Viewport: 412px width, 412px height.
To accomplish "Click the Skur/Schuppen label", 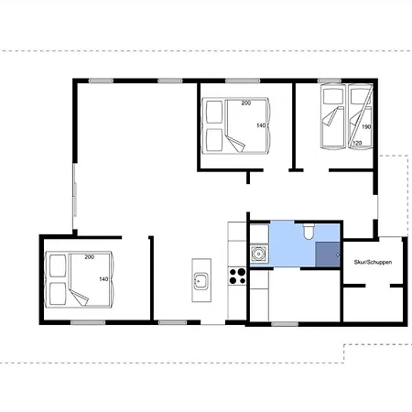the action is [x=373, y=262].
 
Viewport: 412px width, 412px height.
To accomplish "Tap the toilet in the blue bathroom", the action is [x=309, y=231].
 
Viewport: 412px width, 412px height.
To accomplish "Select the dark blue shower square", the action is [x=328, y=255].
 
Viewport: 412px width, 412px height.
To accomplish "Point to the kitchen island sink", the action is [x=201, y=281].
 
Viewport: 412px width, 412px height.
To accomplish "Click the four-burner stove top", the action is [x=237, y=276].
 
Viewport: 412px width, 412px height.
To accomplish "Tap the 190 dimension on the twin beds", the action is [x=366, y=126].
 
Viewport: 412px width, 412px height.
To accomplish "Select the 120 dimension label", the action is [x=357, y=143].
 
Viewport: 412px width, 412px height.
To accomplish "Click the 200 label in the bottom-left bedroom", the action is [x=89, y=257].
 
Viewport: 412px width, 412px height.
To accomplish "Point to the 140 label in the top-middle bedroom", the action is [x=261, y=125].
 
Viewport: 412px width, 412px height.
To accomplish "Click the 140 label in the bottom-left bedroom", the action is [x=103, y=279].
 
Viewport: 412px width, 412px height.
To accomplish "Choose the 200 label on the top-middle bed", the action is [x=246, y=103].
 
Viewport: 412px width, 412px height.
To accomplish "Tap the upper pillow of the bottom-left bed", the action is [x=58, y=266].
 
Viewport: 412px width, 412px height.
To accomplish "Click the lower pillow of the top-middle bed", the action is [x=214, y=140].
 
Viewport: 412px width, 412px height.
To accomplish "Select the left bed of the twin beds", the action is [x=333, y=116].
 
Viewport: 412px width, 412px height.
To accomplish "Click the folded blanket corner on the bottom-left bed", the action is [x=79, y=298].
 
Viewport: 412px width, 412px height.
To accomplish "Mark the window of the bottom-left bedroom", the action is [x=88, y=322].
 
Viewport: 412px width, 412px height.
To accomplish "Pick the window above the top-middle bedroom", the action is [x=243, y=81].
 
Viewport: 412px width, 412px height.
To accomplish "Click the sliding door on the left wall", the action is [x=74, y=196].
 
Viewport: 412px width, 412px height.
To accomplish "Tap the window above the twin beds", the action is [x=330, y=81].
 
